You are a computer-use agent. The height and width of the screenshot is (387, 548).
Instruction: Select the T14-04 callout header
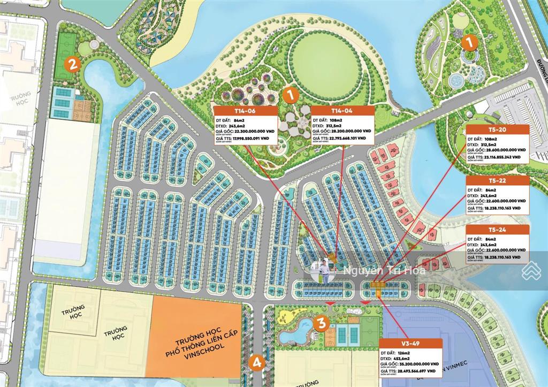click(x=341, y=111)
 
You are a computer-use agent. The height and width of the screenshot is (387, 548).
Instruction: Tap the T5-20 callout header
click(x=497, y=130)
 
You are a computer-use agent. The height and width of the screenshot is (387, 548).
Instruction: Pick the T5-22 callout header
click(x=497, y=180)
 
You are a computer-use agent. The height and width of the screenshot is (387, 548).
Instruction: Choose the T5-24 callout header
click(x=497, y=230)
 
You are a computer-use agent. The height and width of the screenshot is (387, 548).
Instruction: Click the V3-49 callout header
click(x=410, y=344)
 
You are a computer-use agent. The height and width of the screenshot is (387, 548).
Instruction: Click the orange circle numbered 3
click(x=321, y=323)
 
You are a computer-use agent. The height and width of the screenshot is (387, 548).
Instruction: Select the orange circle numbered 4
click(x=257, y=362)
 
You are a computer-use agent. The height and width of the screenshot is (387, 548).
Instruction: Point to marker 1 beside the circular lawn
click(x=291, y=95)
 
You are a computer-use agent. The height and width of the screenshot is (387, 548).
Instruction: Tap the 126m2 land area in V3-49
click(x=402, y=353)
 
